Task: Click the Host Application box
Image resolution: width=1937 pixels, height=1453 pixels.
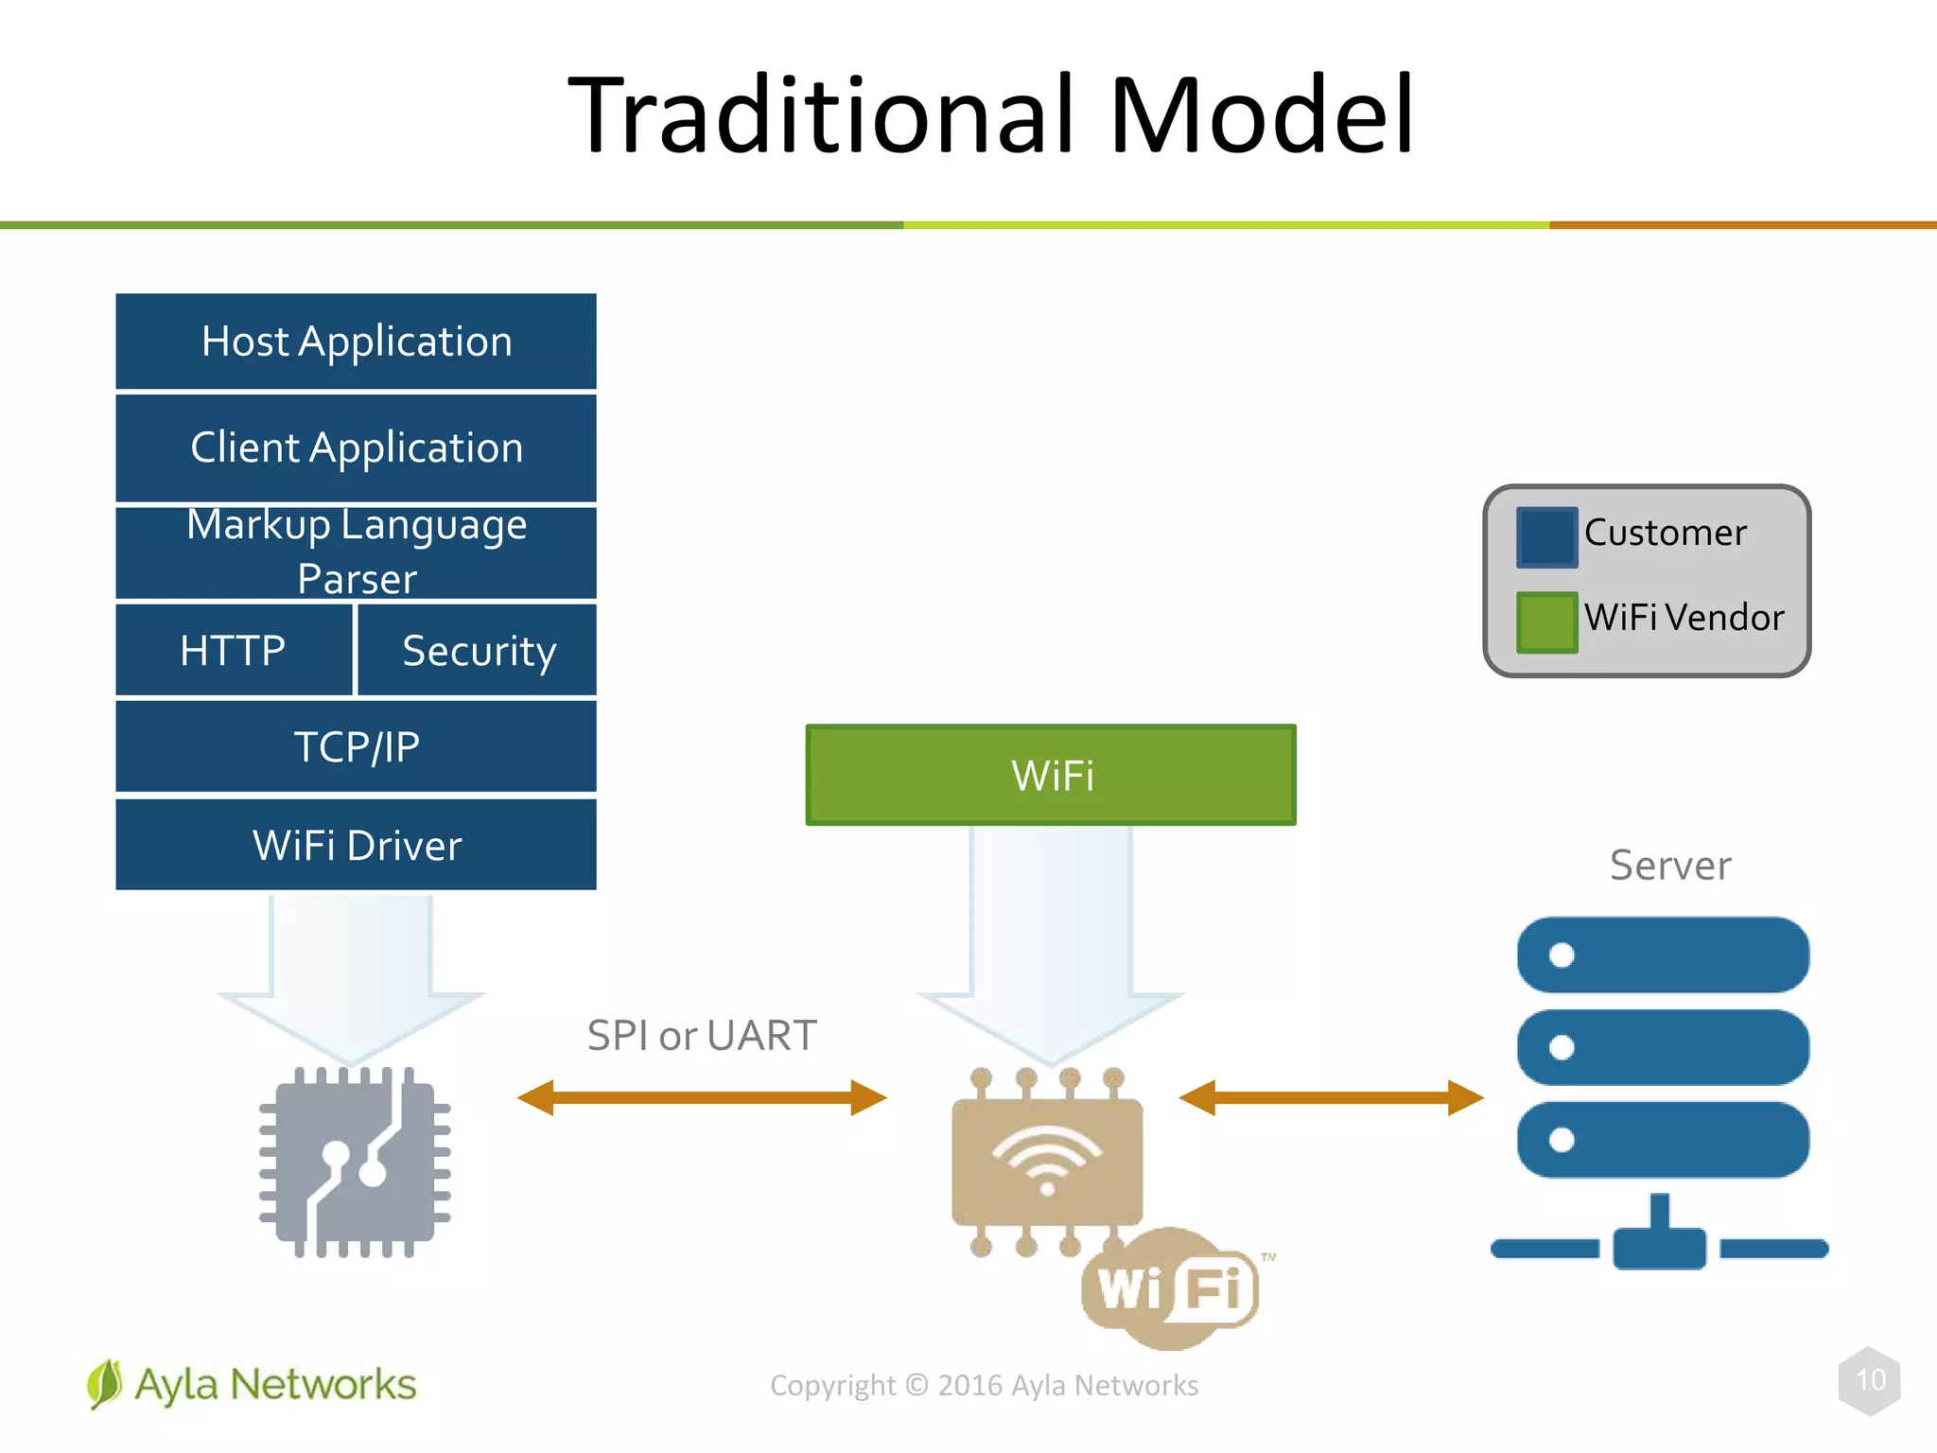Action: click(356, 341)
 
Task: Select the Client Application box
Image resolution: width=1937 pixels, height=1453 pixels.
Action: click(356, 447)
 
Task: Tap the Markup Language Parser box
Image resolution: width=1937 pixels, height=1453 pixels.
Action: click(356, 552)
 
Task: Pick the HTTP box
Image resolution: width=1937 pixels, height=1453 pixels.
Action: click(233, 650)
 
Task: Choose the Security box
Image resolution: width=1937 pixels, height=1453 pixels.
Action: click(479, 650)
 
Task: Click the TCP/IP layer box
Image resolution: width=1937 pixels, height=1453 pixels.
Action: click(356, 746)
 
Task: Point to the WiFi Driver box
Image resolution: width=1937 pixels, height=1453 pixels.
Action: click(356, 845)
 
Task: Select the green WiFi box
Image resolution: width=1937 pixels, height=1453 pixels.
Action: click(1051, 776)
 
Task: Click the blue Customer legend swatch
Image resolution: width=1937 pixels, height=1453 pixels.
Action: click(1546, 536)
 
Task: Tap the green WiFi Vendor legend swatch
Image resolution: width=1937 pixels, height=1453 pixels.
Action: click(1546, 621)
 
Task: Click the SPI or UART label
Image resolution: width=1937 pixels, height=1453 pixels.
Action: click(701, 1035)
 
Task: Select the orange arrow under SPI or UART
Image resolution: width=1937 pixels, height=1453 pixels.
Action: click(702, 1098)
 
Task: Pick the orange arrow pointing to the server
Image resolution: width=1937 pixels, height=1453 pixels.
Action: click(1331, 1098)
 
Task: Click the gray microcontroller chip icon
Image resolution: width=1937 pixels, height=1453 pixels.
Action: click(355, 1163)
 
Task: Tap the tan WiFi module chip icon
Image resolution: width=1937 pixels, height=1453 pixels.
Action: click(1047, 1162)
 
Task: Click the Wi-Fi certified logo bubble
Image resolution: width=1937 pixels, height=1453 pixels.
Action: click(1171, 1288)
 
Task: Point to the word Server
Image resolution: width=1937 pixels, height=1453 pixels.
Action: click(1670, 866)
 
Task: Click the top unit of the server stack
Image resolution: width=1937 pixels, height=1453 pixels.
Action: click(1663, 954)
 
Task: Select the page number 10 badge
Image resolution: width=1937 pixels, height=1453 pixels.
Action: click(1870, 1380)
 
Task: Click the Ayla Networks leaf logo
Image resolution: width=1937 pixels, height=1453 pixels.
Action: click(105, 1384)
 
